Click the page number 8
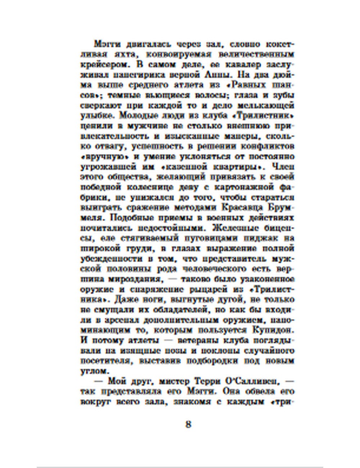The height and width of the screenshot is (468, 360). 188,424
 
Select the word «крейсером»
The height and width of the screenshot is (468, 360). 103,65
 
